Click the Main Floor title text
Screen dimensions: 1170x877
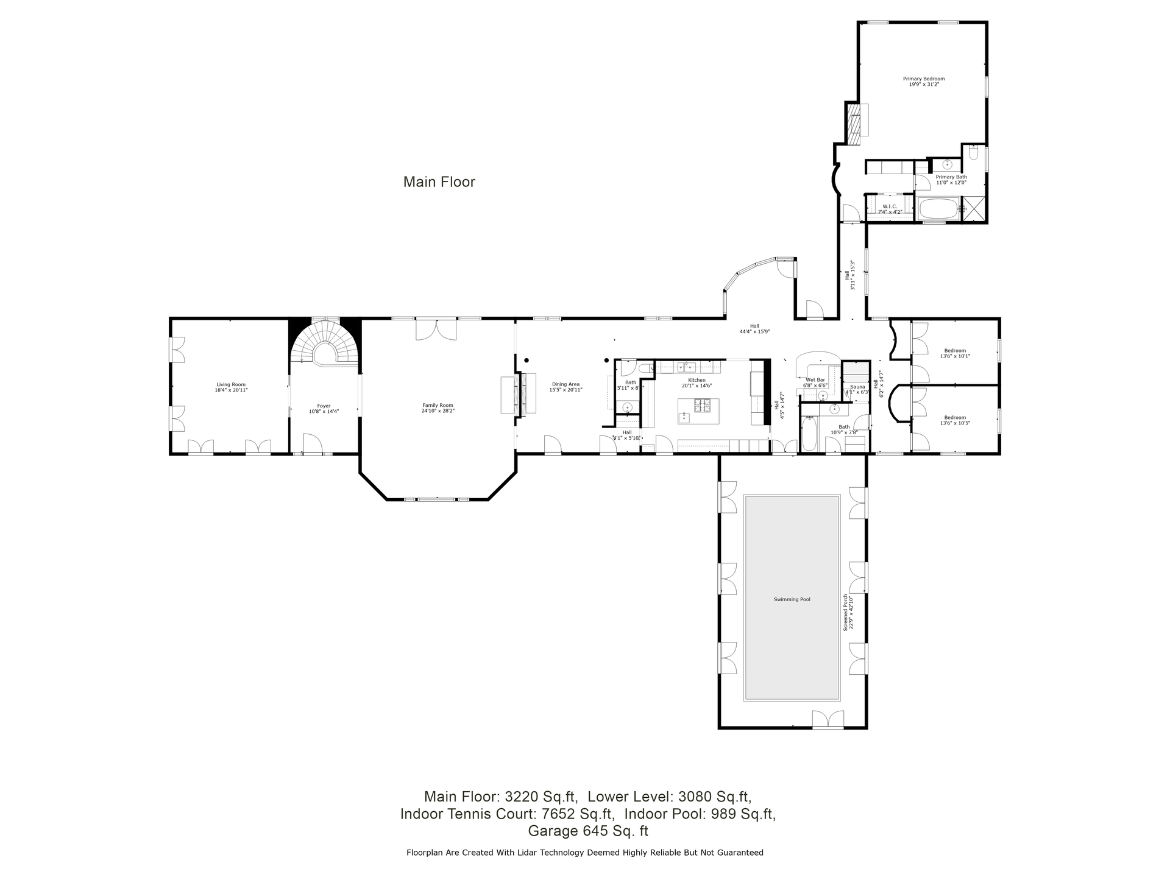[439, 182]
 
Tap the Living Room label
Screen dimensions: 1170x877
[231, 387]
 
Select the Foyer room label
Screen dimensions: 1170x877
[324, 409]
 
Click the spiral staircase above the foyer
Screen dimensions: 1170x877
[325, 345]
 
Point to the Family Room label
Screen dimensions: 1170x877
[438, 408]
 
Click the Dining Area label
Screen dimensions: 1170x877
[565, 387]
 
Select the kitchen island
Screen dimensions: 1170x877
[698, 411]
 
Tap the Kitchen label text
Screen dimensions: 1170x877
[697, 382]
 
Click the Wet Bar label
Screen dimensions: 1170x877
[815, 382]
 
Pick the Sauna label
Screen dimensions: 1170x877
[857, 389]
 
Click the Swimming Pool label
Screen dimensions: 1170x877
[792, 599]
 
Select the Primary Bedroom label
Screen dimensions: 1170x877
[923, 81]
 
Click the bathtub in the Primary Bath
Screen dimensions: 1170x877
[938, 208]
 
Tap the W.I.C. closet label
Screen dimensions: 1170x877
[890, 209]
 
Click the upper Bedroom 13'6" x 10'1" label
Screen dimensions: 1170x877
[955, 353]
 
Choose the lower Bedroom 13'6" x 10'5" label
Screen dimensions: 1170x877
[955, 420]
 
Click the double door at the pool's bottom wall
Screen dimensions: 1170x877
[828, 720]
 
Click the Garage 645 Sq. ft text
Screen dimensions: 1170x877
[588, 831]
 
